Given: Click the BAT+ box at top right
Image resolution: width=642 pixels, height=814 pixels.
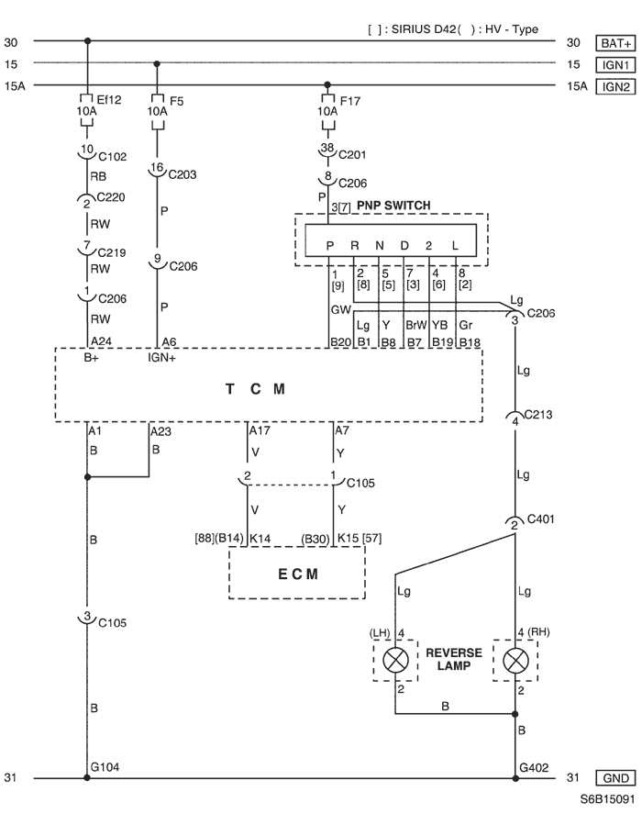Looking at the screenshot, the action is (x=615, y=42).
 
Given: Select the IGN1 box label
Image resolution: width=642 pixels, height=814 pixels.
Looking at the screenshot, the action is (x=615, y=65).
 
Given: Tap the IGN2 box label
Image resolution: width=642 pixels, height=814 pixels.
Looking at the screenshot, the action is (x=615, y=86).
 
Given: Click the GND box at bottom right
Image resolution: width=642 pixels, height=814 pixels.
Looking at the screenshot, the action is (x=615, y=777).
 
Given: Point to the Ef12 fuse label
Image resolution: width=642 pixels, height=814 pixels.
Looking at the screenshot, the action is (x=109, y=100).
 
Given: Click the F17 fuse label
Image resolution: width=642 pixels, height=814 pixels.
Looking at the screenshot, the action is (x=350, y=101).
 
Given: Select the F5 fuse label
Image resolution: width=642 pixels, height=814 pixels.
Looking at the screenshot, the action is (x=176, y=101).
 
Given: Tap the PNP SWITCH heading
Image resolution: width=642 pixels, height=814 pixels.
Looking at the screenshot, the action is (x=394, y=206).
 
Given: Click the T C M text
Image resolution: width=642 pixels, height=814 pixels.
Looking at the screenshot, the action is (x=255, y=389).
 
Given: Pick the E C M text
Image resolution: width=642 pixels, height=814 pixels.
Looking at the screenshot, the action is (x=298, y=574).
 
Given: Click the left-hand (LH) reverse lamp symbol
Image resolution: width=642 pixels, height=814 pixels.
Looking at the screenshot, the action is (x=395, y=661).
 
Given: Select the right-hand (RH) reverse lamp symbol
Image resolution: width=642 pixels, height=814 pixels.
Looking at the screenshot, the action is (x=515, y=661).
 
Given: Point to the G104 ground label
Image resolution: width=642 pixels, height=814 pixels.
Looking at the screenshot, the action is (x=105, y=767).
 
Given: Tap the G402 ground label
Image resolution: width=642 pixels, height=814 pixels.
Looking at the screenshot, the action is (x=534, y=767).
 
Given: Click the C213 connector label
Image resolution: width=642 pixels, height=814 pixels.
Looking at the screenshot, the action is (x=538, y=414).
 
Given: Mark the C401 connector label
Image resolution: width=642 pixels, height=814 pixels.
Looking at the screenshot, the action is (x=541, y=519).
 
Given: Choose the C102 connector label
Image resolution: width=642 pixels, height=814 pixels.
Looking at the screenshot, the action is (x=113, y=156).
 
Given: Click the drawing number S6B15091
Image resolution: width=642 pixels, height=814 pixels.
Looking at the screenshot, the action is (x=607, y=799).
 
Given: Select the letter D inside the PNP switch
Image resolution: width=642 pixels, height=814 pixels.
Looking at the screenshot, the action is (x=404, y=246).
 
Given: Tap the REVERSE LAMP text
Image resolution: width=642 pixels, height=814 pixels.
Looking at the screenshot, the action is (x=454, y=659).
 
